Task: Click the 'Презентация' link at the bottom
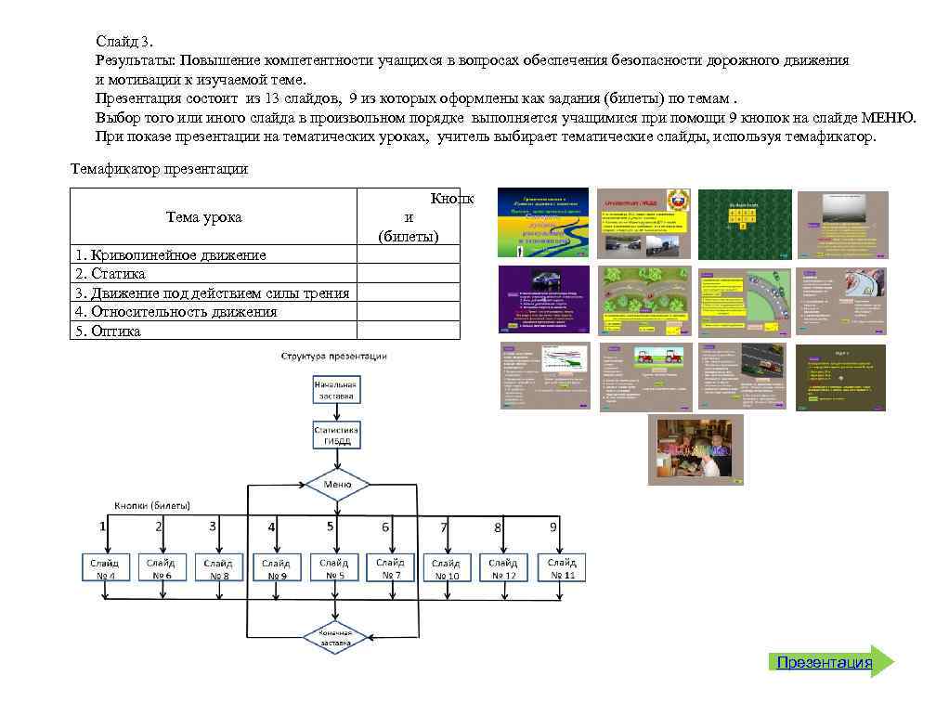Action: tap(825, 662)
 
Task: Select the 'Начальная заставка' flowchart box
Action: tap(335, 389)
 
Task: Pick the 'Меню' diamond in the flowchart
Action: tap(336, 485)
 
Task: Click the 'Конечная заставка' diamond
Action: tap(336, 636)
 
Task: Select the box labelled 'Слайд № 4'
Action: tap(104, 568)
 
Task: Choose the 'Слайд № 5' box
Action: tap(334, 568)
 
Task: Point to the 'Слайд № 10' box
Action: tap(447, 568)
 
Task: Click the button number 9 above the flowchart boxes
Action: tap(553, 526)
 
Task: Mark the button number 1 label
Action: tap(103, 526)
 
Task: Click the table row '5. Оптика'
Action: tap(107, 331)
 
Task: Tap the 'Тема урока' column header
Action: tap(203, 216)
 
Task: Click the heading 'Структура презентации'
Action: tap(334, 356)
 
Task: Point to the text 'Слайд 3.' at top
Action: tap(124, 41)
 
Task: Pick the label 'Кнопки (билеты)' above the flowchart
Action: tap(152, 505)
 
